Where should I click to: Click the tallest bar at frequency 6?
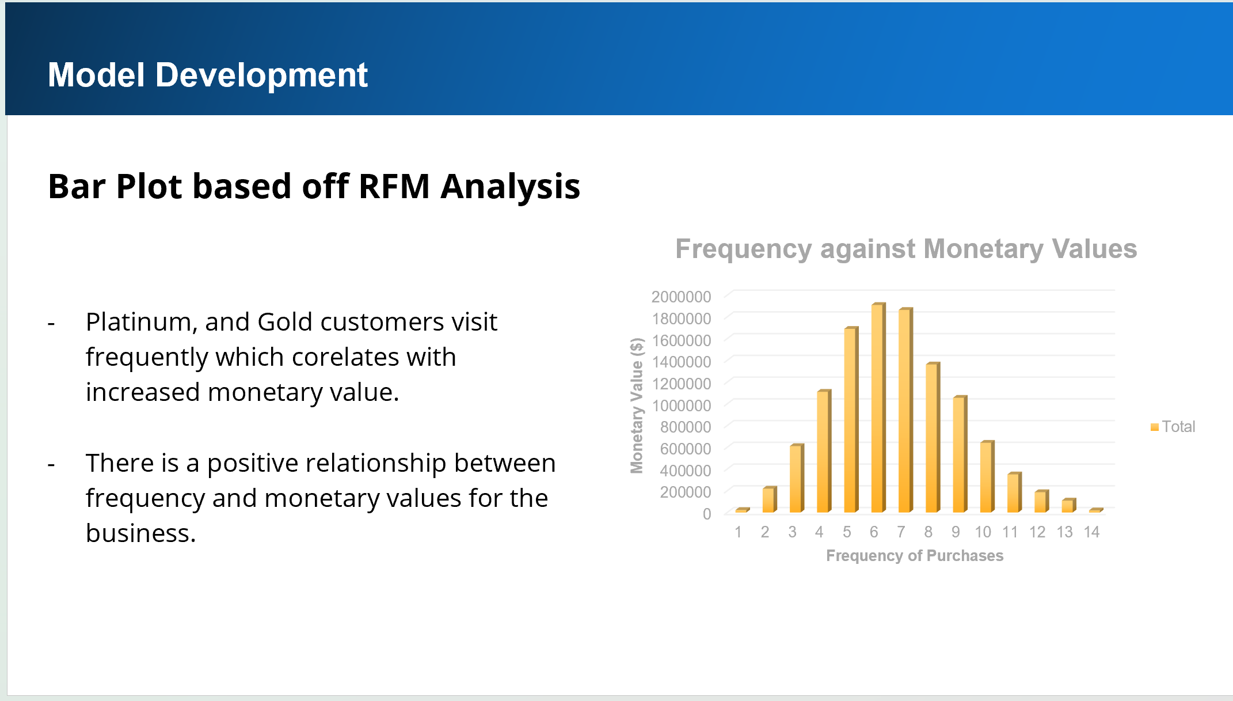(878, 407)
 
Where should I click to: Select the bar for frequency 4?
(824, 451)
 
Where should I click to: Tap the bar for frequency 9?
(960, 454)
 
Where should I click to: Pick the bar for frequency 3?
(797, 478)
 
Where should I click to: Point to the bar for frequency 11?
(1015, 492)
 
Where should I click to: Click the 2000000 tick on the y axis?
(681, 297)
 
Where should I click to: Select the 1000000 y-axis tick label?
(681, 406)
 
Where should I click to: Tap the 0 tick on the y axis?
(707, 514)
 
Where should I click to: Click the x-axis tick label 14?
(1091, 532)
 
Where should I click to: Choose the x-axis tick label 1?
(738, 532)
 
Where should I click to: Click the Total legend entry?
(1173, 426)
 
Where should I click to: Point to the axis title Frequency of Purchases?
(915, 556)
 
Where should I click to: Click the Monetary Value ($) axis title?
(637, 406)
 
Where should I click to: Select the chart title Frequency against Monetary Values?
(906, 249)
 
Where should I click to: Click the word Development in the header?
(261, 75)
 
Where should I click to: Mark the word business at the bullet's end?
(140, 533)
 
